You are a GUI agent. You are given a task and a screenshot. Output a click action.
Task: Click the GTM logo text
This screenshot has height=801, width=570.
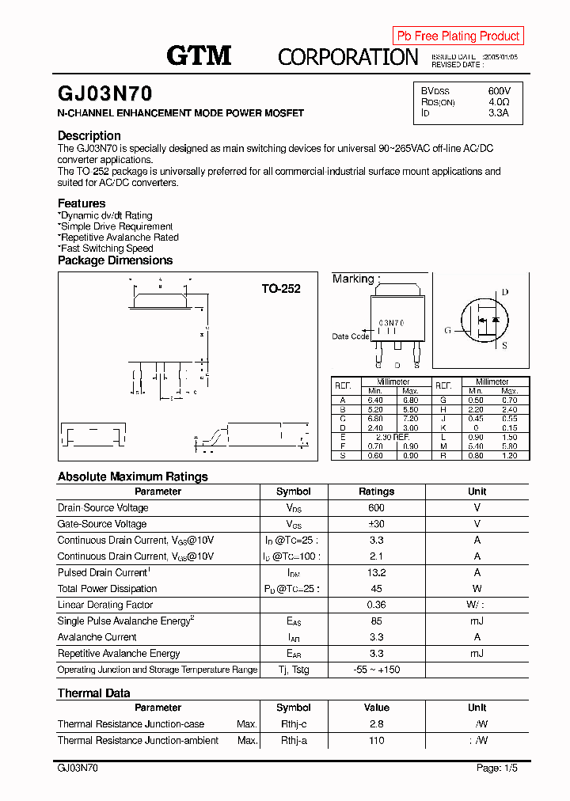(x=199, y=55)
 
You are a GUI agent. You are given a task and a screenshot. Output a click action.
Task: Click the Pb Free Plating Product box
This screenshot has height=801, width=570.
(x=458, y=36)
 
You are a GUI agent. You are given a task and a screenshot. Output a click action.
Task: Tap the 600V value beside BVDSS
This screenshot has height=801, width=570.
(x=500, y=91)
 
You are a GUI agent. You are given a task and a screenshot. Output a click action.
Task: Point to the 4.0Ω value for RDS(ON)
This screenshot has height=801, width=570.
(x=499, y=102)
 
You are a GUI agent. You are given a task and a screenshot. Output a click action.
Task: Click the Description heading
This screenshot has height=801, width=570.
(x=89, y=135)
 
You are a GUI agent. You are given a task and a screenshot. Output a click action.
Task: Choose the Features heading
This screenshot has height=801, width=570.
(x=82, y=203)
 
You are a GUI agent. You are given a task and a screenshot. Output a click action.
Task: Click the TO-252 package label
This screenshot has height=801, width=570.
(x=281, y=289)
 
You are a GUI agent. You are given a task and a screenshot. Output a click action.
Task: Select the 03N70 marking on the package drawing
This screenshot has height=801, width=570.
(x=391, y=323)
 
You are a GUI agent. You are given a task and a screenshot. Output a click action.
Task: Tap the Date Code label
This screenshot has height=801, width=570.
(x=350, y=336)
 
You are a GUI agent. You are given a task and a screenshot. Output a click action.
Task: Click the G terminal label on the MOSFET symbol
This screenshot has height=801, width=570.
(x=447, y=330)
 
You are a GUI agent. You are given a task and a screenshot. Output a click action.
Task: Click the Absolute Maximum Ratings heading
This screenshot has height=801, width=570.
(x=133, y=476)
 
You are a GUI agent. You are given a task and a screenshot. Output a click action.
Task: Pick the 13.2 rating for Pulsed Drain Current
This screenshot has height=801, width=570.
(x=376, y=572)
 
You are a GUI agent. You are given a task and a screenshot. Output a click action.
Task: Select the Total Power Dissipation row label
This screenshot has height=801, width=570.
(x=107, y=588)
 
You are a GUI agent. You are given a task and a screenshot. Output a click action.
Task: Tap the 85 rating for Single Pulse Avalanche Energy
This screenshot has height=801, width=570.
(x=376, y=621)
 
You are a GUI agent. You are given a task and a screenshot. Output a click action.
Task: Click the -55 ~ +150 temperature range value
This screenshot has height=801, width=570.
(x=376, y=670)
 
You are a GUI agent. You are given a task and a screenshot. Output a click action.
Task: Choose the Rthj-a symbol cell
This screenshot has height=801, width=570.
(x=294, y=740)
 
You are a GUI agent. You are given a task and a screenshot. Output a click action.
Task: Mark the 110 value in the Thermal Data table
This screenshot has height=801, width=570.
(x=376, y=740)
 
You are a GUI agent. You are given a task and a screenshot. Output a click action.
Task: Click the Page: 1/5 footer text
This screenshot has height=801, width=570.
(x=498, y=768)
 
